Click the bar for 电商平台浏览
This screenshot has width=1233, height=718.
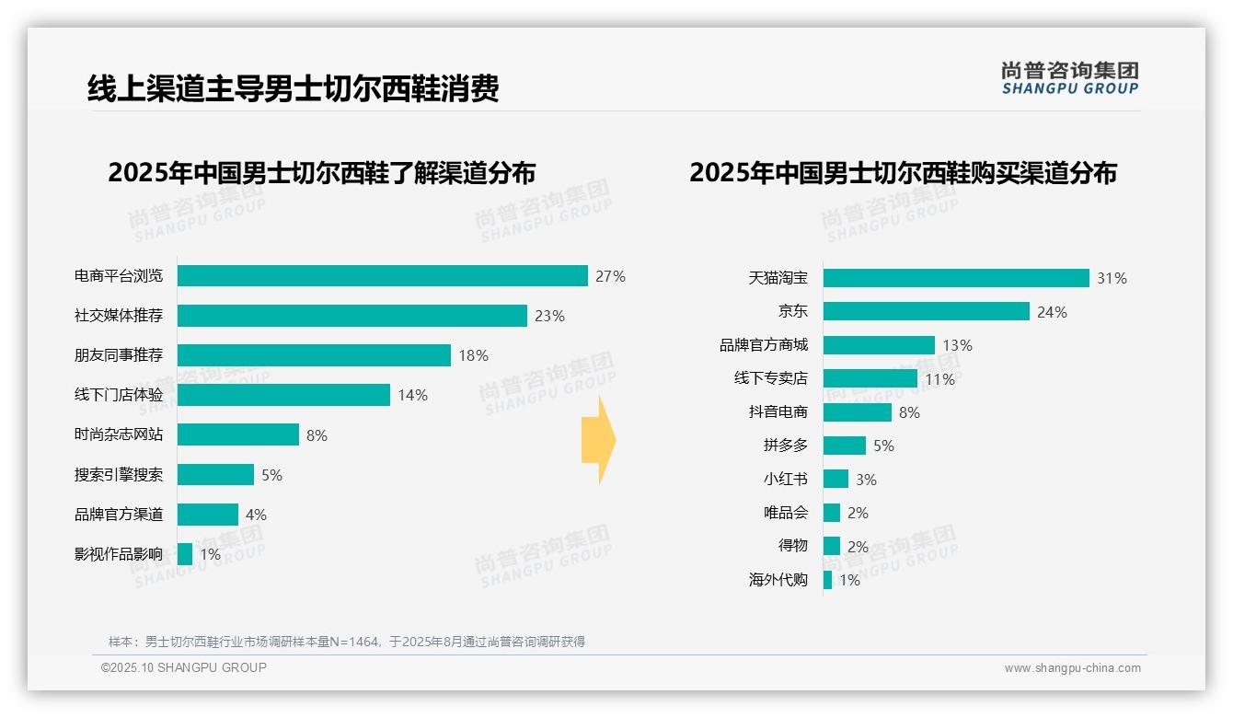pyautogui.click(x=382, y=276)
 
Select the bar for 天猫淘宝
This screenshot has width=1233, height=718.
pyautogui.click(x=956, y=278)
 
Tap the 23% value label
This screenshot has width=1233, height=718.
pyautogui.click(x=549, y=316)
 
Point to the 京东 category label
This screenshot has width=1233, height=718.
pyautogui.click(x=792, y=311)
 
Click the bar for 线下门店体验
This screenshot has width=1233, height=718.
pyautogui.click(x=283, y=395)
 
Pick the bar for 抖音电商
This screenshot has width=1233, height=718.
pyautogui.click(x=857, y=412)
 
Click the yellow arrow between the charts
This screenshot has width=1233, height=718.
pyautogui.click(x=599, y=440)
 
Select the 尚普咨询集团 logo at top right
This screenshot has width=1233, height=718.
pyautogui.click(x=1069, y=77)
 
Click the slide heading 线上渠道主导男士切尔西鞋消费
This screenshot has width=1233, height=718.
pyautogui.click(x=293, y=89)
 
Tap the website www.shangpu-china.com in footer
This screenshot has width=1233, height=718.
pyautogui.click(x=1072, y=668)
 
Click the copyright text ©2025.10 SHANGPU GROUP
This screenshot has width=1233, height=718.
pyautogui.click(x=184, y=667)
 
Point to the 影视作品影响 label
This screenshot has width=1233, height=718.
pyautogui.click(x=118, y=554)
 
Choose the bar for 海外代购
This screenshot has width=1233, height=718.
pyautogui.click(x=827, y=580)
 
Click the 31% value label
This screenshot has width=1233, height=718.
pyautogui.click(x=1112, y=278)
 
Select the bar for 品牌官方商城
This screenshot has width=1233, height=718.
pyautogui.click(x=879, y=345)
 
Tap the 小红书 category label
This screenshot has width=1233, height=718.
pyautogui.click(x=785, y=479)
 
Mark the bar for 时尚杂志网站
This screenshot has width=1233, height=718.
pyautogui.click(x=238, y=434)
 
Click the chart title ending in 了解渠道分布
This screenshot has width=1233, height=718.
pyautogui.click(x=321, y=173)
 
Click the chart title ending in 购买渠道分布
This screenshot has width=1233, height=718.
pyautogui.click(x=903, y=173)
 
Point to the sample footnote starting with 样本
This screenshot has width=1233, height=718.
pyautogui.click(x=347, y=642)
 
